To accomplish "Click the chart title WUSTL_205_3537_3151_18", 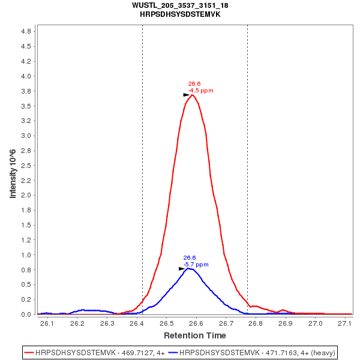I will coord(180,5).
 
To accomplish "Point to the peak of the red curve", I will coord(192,95).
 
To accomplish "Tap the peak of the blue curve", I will coord(189,268).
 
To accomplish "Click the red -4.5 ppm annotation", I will coord(201,91).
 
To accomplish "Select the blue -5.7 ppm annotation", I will coord(196,264).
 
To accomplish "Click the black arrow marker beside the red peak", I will coord(186,95).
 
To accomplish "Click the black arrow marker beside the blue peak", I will coord(182,269).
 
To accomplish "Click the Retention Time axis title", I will coord(195,335).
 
